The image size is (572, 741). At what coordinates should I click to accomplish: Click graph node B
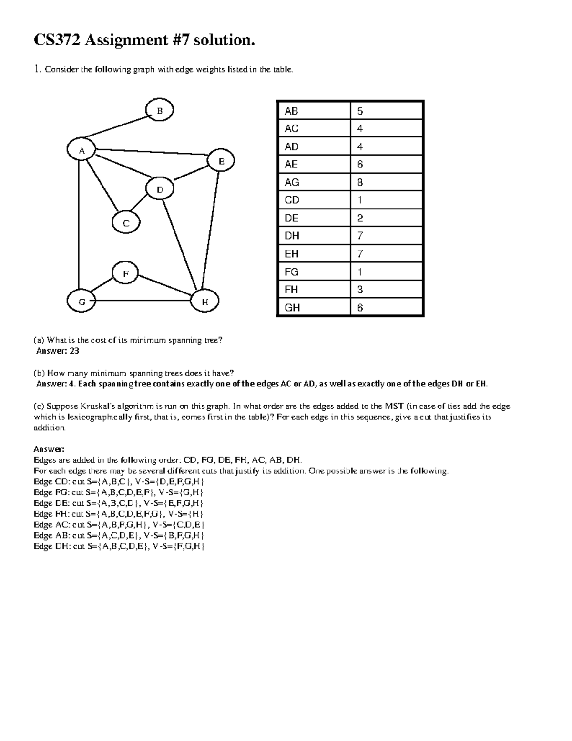[160, 111]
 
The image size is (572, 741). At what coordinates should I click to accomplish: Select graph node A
[82, 150]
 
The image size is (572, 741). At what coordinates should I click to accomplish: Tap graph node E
[221, 161]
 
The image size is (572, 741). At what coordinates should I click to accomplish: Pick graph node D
[160, 189]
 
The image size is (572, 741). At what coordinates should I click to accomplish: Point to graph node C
[126, 223]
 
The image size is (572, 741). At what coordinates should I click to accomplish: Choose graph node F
[126, 273]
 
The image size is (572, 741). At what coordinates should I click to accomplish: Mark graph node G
[82, 302]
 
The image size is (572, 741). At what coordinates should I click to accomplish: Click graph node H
[205, 302]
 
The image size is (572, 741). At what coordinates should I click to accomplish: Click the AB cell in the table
[291, 111]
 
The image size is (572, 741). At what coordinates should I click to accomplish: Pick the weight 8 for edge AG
[360, 182]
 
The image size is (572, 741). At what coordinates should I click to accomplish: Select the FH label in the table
[291, 290]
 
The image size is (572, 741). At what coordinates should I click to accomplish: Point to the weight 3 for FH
[360, 290]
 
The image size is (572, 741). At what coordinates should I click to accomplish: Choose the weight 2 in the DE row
[360, 218]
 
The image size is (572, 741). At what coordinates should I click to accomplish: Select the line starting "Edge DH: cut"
[119, 546]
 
